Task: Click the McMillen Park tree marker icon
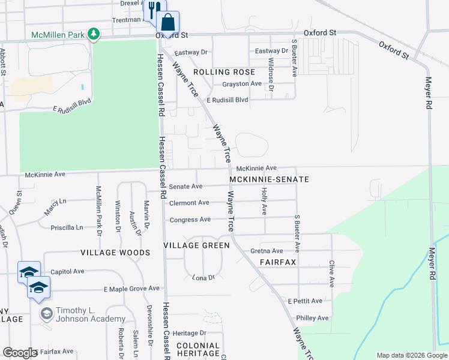coord(93,34)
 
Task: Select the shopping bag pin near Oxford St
coord(168,22)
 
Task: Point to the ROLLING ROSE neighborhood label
coord(220,71)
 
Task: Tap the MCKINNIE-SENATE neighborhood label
coord(269,179)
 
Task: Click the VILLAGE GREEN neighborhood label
coord(197,245)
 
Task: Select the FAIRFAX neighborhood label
coord(279,263)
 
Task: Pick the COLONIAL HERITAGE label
coord(197,349)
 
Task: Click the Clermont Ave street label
coord(189,203)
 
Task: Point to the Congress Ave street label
coord(190,220)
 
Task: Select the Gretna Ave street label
coord(268,251)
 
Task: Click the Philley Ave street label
coord(312,317)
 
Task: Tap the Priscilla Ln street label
coord(67,227)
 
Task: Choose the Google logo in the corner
coord(20,352)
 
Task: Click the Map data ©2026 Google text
coord(411,355)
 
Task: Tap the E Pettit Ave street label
coord(305,301)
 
